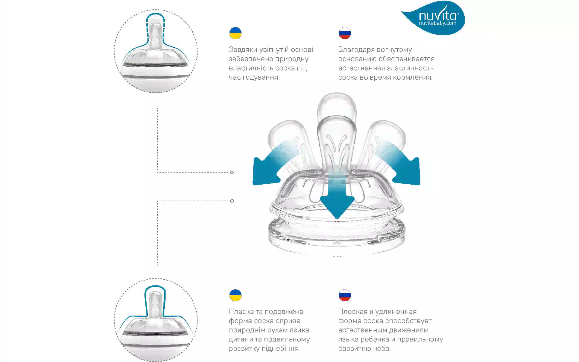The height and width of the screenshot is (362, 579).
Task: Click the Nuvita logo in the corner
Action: click(434, 18)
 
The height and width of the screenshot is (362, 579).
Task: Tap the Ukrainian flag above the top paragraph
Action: click(236, 33)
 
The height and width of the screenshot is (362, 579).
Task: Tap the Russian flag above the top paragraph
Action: click(345, 33)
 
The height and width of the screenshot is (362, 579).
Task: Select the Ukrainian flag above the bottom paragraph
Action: click(236, 295)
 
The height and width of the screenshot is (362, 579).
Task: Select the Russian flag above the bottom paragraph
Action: click(345, 295)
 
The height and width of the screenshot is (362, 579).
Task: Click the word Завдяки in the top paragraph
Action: click(243, 49)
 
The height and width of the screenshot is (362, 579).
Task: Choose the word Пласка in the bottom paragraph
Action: click(241, 312)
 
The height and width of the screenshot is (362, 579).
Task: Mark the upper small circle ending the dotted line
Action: click(232, 172)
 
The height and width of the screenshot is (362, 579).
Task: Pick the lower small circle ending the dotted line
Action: click(232, 201)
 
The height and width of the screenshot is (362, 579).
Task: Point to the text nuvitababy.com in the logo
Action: click(438, 24)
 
